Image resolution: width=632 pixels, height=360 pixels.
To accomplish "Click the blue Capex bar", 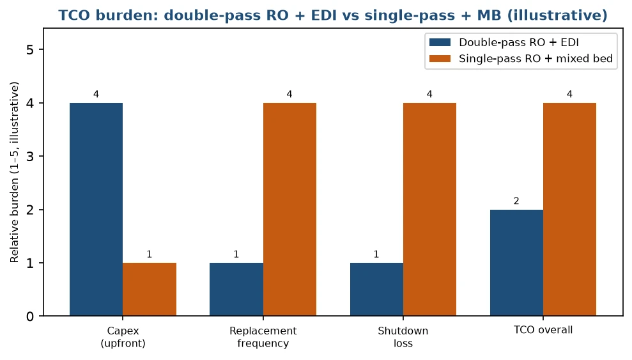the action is point(96,209).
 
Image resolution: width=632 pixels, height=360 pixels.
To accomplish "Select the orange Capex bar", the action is point(150,289).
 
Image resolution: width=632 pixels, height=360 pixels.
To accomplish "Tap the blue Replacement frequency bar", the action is point(236,289).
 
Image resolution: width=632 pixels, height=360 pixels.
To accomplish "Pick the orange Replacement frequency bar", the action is point(289,209).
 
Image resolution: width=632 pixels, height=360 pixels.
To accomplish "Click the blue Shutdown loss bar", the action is point(376,289).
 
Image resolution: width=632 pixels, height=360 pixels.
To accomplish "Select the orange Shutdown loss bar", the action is point(429,209).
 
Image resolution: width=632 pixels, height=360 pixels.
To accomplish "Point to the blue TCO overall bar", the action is point(516,262).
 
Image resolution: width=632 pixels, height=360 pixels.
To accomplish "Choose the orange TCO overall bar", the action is point(569,209).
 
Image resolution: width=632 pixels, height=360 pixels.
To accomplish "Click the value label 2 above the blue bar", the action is point(516,201).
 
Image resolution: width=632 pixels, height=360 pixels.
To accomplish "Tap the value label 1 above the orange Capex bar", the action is point(150,254).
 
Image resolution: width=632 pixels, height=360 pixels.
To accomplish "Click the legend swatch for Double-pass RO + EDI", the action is point(440,42).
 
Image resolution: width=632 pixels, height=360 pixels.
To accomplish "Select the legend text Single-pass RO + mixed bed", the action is point(536,58).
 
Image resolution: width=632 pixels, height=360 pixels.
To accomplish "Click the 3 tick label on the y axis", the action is point(30,157).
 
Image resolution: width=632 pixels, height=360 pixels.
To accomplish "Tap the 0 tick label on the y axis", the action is point(30,317).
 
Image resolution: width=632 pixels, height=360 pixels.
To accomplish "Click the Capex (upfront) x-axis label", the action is point(123,337).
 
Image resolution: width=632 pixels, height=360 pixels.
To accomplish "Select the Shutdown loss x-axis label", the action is point(403,337).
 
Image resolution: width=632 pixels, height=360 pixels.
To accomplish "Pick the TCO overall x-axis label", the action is point(543,330).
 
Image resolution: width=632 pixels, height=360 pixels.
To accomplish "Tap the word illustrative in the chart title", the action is point(557,15).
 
